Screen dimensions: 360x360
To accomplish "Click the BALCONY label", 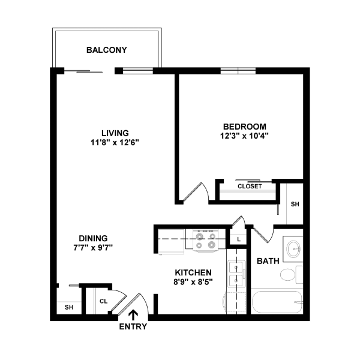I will click(x=107, y=50).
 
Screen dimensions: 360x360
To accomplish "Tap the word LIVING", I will click(x=115, y=133).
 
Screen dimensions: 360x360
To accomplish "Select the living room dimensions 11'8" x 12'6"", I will click(x=115, y=142).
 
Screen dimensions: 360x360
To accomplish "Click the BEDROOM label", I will click(x=244, y=127).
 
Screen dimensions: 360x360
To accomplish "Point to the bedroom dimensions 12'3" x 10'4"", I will click(x=244, y=136).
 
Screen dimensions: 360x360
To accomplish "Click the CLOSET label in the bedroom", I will click(x=250, y=187).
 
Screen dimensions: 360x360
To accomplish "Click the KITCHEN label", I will click(x=193, y=272).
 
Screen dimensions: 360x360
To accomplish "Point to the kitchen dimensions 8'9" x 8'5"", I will click(x=193, y=281).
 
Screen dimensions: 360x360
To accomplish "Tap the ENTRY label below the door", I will click(x=133, y=327).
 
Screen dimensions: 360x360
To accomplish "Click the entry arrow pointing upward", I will click(x=133, y=313).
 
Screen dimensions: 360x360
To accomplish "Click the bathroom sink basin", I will click(x=293, y=248).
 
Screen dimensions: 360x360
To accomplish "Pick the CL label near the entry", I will click(x=103, y=302).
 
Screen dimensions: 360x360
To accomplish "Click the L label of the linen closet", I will click(x=239, y=239).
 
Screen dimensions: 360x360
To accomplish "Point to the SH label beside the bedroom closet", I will click(x=295, y=204).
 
